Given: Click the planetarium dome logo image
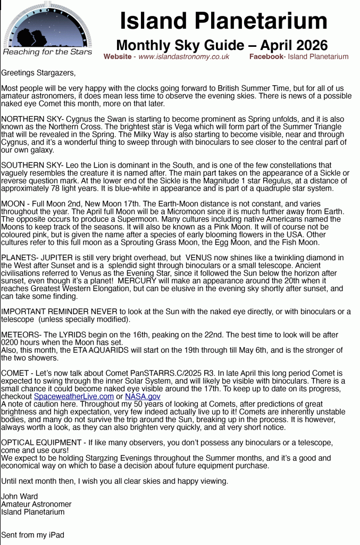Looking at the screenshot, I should click(47, 26).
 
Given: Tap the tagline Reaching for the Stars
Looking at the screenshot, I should click(47, 52).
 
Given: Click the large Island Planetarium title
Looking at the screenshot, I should click(223, 21).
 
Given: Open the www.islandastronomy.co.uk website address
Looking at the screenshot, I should click(183, 56).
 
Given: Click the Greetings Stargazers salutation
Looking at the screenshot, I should click(38, 72).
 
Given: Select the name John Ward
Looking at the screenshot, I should click(20, 497).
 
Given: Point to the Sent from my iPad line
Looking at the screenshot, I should click(32, 535).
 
